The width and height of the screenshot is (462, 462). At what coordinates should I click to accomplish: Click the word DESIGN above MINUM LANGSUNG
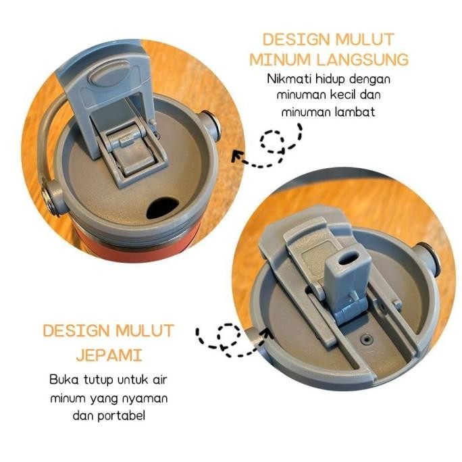[x=296, y=40]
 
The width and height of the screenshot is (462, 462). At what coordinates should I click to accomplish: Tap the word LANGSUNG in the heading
[x=363, y=59]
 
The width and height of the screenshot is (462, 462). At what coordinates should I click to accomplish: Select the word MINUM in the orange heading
[x=281, y=59]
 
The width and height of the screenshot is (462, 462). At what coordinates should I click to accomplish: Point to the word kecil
[x=342, y=95]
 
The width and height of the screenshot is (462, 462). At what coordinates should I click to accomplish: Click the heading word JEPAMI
[x=109, y=355]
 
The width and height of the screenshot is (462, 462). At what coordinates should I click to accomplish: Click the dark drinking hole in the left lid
[x=162, y=208]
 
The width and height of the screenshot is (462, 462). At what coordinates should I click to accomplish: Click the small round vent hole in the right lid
[x=367, y=340]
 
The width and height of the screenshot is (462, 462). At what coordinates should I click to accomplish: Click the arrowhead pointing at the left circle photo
[x=238, y=157]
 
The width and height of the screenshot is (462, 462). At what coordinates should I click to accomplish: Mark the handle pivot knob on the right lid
[x=428, y=259]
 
